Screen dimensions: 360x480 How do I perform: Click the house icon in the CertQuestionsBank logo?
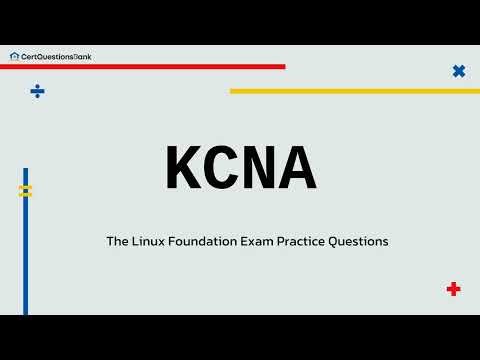point(13,56)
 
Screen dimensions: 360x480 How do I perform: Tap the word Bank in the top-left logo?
point(89,56)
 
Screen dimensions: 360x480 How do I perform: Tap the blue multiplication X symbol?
point(459,71)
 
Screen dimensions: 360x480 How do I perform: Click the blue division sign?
point(37,91)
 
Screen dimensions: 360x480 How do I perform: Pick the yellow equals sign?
point(26,190)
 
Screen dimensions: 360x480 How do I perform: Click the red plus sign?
point(453,289)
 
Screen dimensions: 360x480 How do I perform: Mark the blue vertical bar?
point(26,250)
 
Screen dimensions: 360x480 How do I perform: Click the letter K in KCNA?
point(183,168)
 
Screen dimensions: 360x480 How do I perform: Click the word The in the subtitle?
point(117,241)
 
